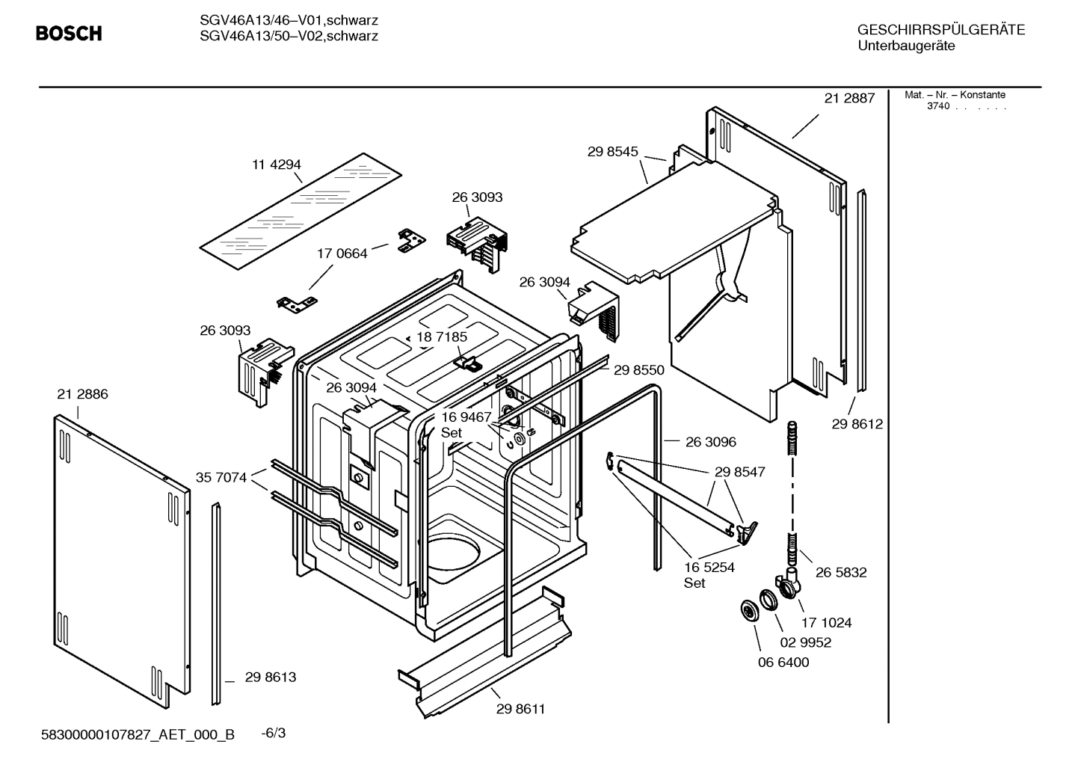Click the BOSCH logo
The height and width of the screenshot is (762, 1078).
(x=69, y=34)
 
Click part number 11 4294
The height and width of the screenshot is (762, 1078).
(x=276, y=165)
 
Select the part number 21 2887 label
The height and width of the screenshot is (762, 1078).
(x=849, y=98)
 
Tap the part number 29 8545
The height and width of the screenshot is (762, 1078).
(x=612, y=151)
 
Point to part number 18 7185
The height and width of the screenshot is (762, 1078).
(x=442, y=337)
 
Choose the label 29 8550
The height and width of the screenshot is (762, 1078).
(x=639, y=369)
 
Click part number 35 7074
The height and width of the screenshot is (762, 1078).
(x=221, y=477)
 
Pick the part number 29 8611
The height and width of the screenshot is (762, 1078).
(x=520, y=709)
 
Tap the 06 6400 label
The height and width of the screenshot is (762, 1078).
(x=783, y=663)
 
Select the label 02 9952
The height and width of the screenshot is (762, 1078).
(x=806, y=642)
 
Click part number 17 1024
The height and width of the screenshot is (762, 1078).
(x=826, y=622)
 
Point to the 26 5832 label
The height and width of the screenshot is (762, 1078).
(x=841, y=572)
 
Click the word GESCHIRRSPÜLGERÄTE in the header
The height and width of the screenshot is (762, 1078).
(x=941, y=30)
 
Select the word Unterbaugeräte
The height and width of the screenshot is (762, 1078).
(x=906, y=46)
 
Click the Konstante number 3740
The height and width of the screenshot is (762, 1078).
(x=937, y=106)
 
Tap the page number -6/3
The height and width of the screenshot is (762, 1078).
(x=273, y=733)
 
